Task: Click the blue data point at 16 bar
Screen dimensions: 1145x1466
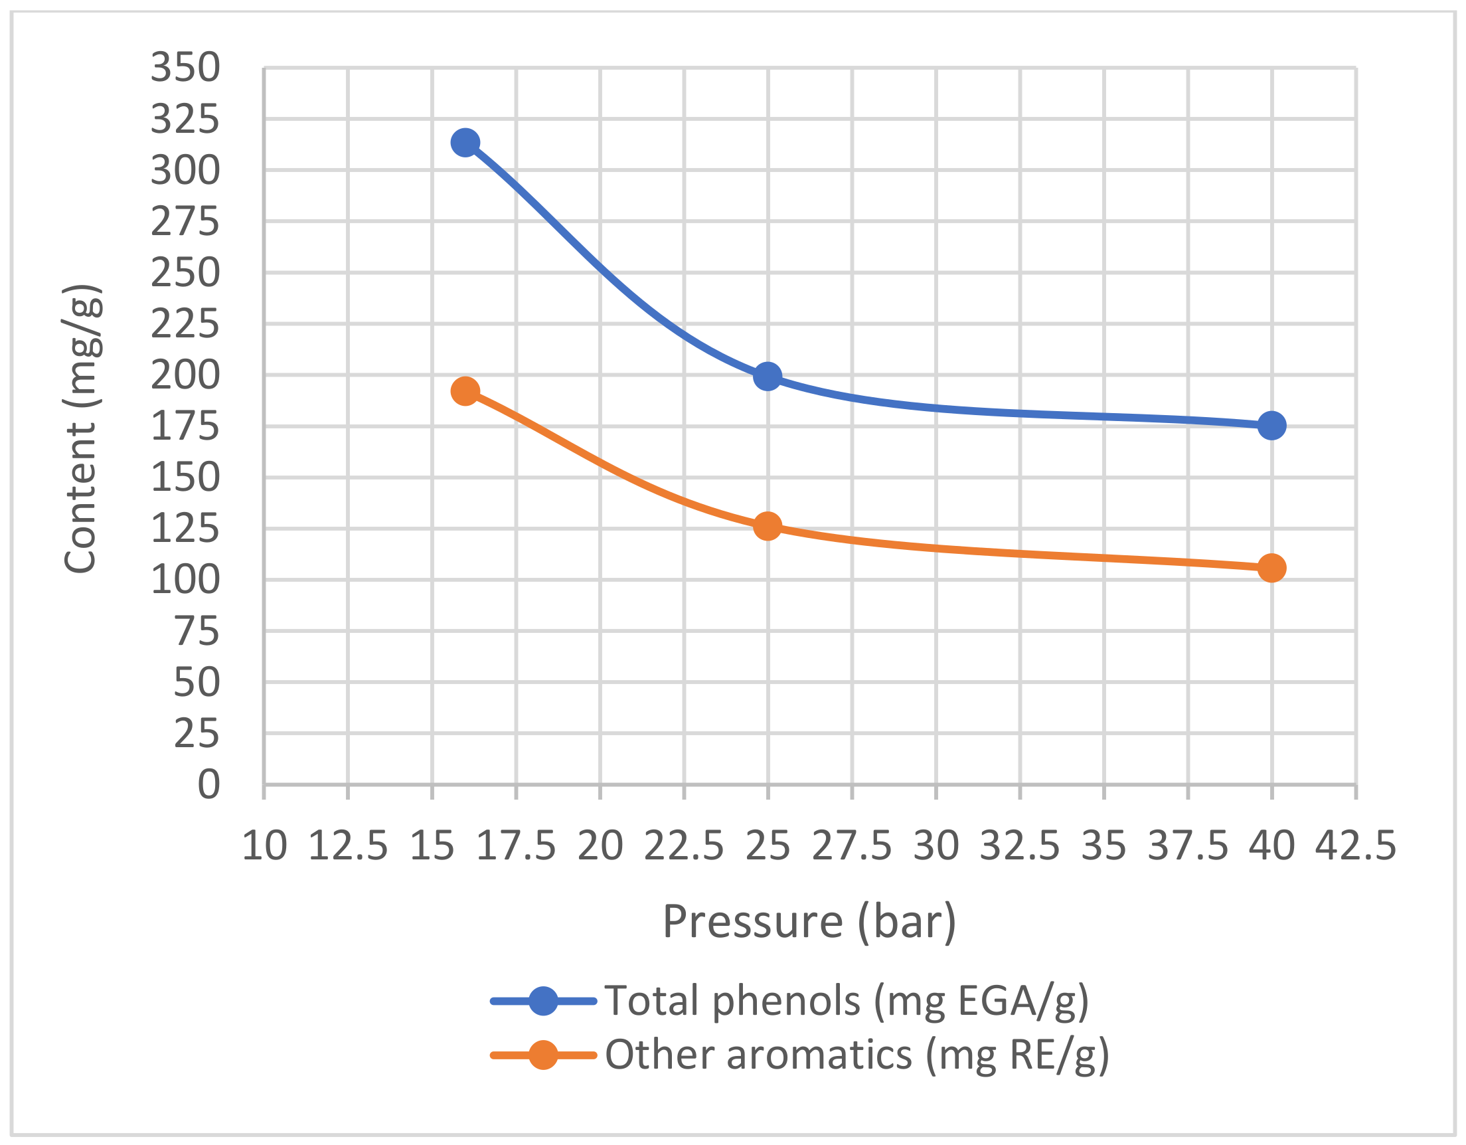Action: pyautogui.click(x=465, y=142)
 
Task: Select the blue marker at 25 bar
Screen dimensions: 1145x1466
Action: pyautogui.click(x=768, y=376)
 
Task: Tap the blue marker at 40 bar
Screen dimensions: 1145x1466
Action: pyautogui.click(x=1271, y=426)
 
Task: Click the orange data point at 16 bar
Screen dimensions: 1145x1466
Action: pyautogui.click(x=465, y=391)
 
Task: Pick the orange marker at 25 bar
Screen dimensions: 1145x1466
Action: pyautogui.click(x=768, y=526)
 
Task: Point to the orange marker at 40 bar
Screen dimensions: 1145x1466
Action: pyautogui.click(x=1271, y=568)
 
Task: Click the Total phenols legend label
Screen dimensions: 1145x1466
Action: pyautogui.click(x=847, y=1002)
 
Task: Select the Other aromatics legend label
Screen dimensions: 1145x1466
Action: pyautogui.click(x=857, y=1055)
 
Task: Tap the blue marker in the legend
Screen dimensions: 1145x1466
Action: pyautogui.click(x=543, y=1002)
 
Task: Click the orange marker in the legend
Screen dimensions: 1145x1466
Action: pyautogui.click(x=543, y=1055)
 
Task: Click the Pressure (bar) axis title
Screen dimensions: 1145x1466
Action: pyautogui.click(x=809, y=922)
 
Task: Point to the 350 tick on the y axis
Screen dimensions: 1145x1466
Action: pyautogui.click(x=185, y=68)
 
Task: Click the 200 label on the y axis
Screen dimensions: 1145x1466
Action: pyautogui.click(x=185, y=375)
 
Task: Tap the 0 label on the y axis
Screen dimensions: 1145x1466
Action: pyautogui.click(x=208, y=784)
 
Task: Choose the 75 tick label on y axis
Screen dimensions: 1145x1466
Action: pyautogui.click(x=197, y=631)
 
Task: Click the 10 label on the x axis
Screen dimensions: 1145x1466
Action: pyautogui.click(x=264, y=846)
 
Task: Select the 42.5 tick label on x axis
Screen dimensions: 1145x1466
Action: pyautogui.click(x=1355, y=846)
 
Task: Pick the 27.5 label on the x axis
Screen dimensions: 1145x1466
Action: pyautogui.click(x=852, y=846)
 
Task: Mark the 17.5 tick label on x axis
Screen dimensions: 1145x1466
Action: pyautogui.click(x=515, y=846)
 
